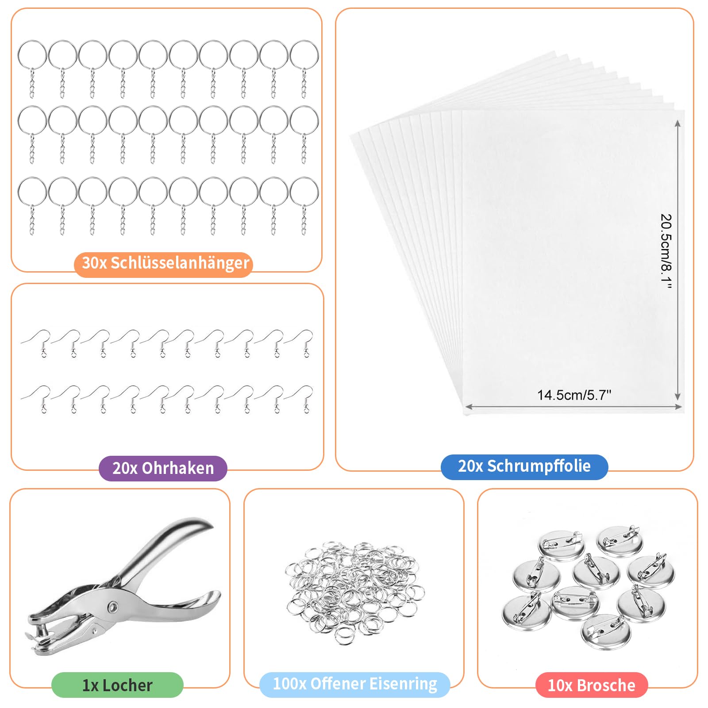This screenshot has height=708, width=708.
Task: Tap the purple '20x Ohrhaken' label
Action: coord(163,468)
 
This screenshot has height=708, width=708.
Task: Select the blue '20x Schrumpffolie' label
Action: coord(524,466)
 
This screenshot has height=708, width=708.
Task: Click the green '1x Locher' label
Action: coord(117,685)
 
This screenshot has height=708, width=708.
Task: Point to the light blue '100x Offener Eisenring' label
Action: coord(355,684)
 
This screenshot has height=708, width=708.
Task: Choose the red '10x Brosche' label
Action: coord(592,685)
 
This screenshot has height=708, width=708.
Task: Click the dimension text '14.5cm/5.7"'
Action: coord(574,395)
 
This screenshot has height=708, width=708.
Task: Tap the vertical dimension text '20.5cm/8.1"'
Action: coord(666,251)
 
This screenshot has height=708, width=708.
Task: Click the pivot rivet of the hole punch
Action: coord(113,606)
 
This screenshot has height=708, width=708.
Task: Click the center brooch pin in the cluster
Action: coord(596,572)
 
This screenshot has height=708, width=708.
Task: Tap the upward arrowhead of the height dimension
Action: coord(677,124)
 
